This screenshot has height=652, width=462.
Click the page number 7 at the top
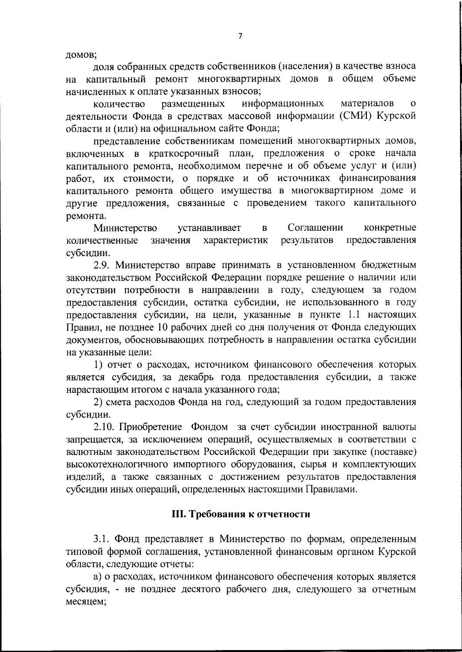point(240,36)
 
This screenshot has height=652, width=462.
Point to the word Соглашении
point(315,228)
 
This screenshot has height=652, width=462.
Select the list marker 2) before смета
point(98,402)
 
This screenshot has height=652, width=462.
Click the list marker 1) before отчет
point(98,364)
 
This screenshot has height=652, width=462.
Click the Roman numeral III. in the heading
point(179,514)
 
